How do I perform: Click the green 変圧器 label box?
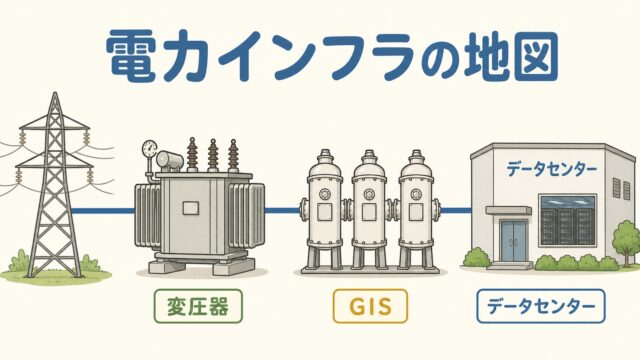coord(198,306)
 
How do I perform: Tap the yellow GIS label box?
coord(370,306)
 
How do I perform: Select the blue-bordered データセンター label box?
coord(541,306)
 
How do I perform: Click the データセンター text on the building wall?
coord(551,169)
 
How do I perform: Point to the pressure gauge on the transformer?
coord(149,148)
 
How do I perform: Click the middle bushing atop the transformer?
coord(212,155)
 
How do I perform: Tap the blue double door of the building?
coord(514,242)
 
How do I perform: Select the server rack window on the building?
coord(568,221)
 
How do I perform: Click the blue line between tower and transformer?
coord(103,211)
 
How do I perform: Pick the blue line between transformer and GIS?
coord(282,211)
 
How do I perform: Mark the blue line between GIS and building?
coord(456,211)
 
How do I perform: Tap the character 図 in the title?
coord(533,56)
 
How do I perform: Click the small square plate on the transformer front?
coord(191,208)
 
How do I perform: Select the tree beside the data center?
coord(626,241)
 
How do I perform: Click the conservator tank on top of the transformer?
coord(169,160)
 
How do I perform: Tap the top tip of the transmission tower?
coord(56,93)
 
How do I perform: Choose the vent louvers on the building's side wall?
coord(621,188)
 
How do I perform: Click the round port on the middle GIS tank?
coord(369,193)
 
